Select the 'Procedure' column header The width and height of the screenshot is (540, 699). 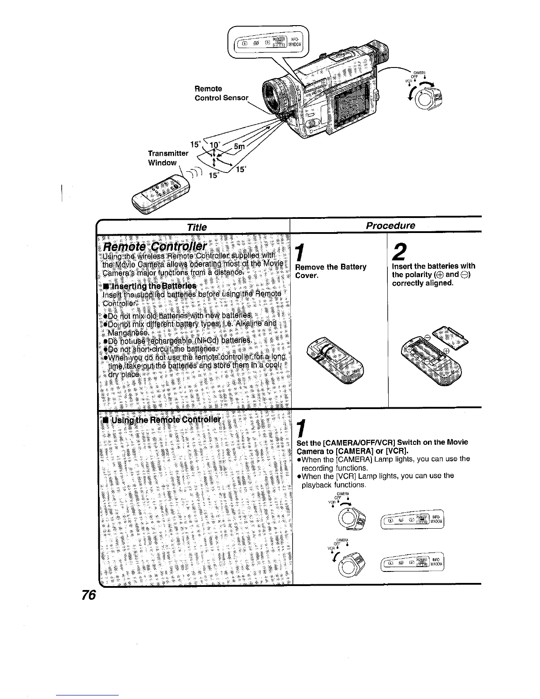(390, 225)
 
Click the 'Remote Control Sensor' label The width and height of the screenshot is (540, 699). (221, 93)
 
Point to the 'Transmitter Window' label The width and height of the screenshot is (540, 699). (168, 158)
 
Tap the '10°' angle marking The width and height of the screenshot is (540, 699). (215, 145)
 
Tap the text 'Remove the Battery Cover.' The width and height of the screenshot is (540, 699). (331, 271)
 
